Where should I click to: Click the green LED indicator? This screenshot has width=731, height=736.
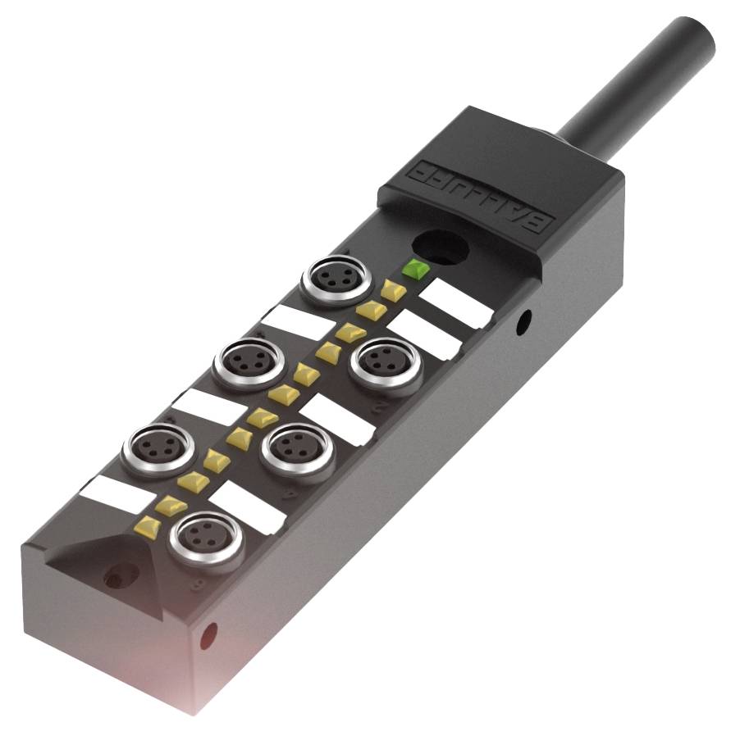point(413,268)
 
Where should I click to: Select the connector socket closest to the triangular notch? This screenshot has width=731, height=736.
point(199,542)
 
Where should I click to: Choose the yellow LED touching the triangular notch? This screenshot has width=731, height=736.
point(148,525)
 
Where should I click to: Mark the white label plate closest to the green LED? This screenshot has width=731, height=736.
point(459,303)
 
